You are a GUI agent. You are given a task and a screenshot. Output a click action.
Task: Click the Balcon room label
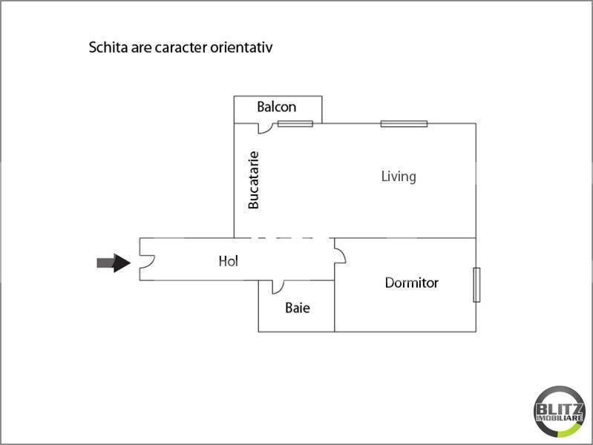tap(276, 107)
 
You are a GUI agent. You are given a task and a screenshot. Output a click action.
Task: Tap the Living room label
tap(399, 177)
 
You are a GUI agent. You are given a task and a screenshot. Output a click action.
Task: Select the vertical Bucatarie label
tap(253, 180)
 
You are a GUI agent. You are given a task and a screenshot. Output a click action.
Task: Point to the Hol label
tap(229, 261)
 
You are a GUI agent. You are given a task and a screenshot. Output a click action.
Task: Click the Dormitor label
tap(411, 283)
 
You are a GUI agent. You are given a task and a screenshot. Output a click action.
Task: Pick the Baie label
tap(298, 308)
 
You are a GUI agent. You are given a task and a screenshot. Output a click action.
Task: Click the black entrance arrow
tap(114, 263)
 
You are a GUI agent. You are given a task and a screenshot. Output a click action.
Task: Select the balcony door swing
tap(266, 128)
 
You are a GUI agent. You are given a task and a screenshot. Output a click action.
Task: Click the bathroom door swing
tap(278, 287)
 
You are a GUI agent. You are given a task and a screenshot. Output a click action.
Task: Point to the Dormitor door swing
tap(341, 255)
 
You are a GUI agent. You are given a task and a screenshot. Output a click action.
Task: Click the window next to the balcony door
tap(295, 124)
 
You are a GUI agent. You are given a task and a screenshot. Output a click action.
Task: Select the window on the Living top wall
tap(404, 124)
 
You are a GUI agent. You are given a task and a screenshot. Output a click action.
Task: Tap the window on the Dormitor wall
tap(476, 285)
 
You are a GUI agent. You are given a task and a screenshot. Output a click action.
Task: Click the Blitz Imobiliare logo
tap(560, 412)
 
